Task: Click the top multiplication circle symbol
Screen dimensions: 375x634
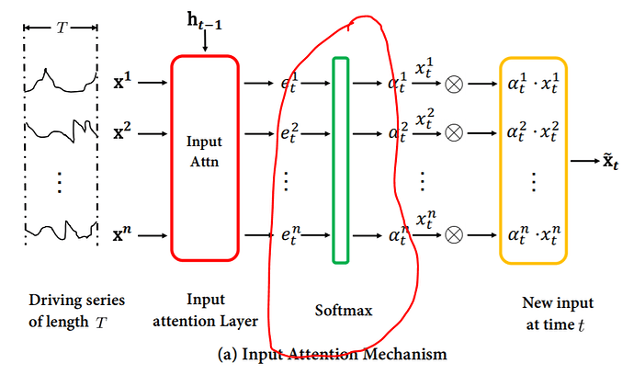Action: [x=453, y=84]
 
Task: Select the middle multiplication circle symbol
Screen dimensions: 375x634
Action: [x=453, y=132]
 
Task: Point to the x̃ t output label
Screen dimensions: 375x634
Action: [x=611, y=163]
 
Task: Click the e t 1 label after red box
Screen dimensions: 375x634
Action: [x=289, y=84]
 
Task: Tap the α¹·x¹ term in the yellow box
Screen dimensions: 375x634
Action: [x=534, y=84]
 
